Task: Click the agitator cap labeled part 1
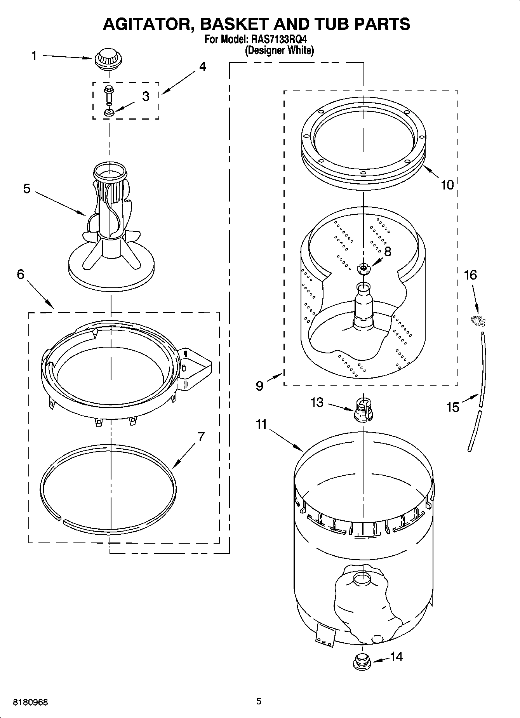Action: point(107,59)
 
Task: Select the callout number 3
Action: point(145,96)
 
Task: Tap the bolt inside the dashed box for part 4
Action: point(108,94)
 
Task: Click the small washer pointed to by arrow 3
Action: point(108,113)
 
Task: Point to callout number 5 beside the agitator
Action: point(27,189)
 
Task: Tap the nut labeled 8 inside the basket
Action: point(363,268)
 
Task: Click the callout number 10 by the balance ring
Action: point(447,185)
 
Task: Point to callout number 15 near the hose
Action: point(453,407)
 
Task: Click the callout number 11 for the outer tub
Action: point(261,424)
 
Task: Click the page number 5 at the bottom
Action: point(259,701)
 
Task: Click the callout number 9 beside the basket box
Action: point(259,386)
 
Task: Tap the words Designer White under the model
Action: point(279,50)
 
